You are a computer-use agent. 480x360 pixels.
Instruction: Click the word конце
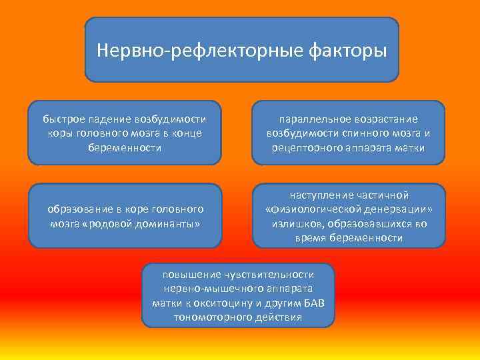pos(187,133)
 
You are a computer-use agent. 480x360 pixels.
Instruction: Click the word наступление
pos(318,195)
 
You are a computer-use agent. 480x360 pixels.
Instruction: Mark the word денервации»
pos(397,209)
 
